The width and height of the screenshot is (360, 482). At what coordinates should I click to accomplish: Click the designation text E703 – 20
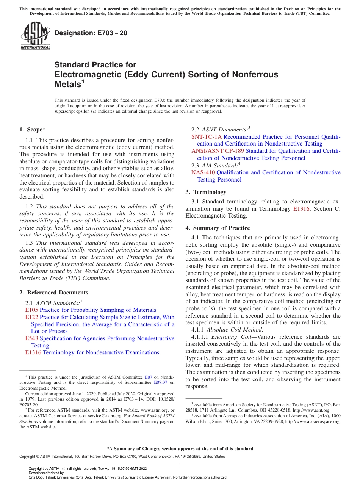pos(91,33)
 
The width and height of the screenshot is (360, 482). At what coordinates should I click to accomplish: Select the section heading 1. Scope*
pos(33,129)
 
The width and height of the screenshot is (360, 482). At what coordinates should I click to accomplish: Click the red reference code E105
pos(32,310)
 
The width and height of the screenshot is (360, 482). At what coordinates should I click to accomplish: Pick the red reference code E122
pos(32,317)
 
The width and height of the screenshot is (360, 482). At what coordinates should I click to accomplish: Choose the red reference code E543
pos(32,338)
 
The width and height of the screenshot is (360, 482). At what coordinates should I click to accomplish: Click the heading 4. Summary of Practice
pos(218,228)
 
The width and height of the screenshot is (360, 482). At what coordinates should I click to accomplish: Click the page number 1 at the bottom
pos(180,465)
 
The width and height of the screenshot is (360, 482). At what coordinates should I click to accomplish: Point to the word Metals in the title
pos(67,84)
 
